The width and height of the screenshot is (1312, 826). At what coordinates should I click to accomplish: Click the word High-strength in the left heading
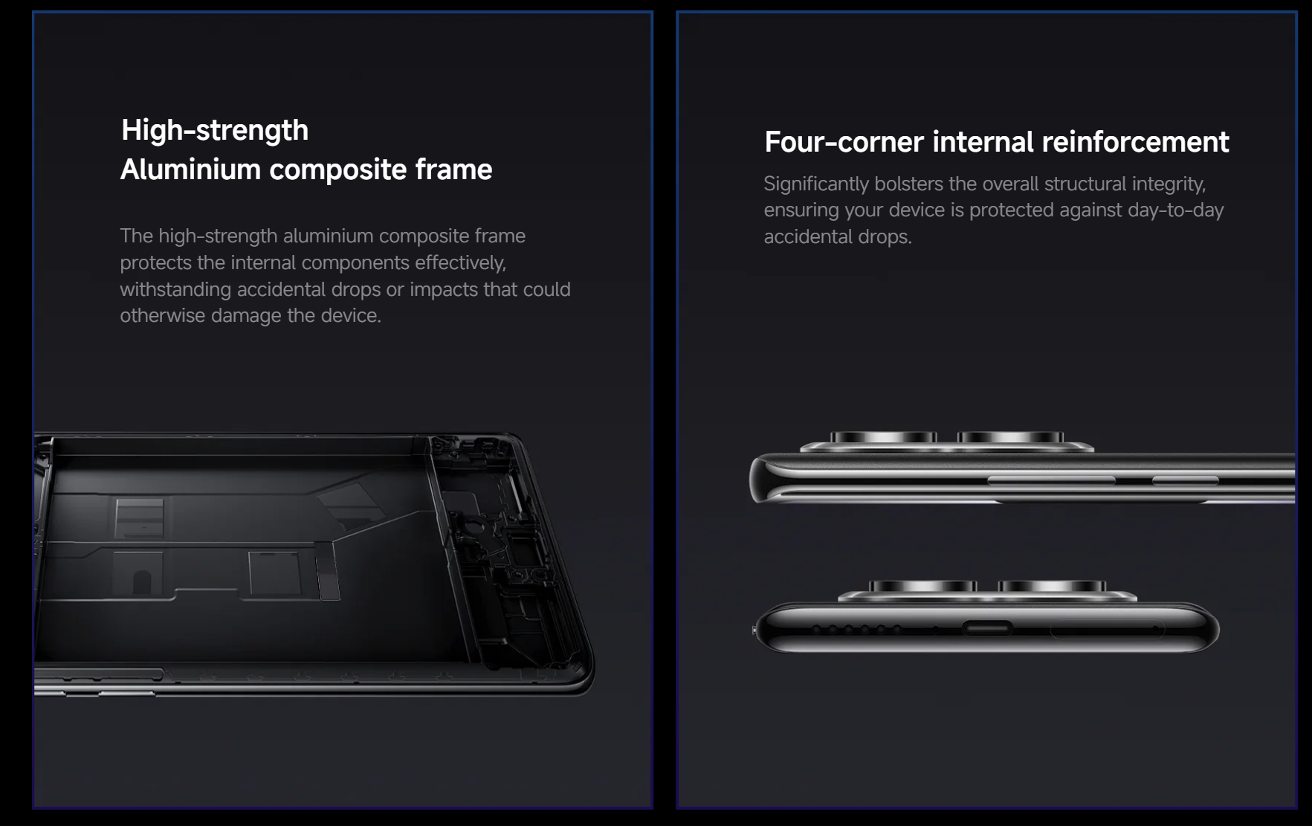click(x=215, y=131)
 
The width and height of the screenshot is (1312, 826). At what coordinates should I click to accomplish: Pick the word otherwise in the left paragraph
click(x=162, y=315)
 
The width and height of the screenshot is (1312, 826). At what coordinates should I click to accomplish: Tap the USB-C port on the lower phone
click(x=988, y=628)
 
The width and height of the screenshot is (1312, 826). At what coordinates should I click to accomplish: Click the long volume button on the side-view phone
click(x=1051, y=481)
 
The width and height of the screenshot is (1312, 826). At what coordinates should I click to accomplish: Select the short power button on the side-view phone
click(x=1185, y=481)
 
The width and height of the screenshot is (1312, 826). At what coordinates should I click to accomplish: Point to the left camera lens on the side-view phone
click(x=883, y=437)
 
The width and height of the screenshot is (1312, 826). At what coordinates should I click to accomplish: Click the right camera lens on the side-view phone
click(x=1011, y=437)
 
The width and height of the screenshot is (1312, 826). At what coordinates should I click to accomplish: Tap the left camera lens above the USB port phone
click(x=922, y=587)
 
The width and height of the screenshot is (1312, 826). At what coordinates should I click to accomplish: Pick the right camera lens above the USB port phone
click(x=1052, y=587)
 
